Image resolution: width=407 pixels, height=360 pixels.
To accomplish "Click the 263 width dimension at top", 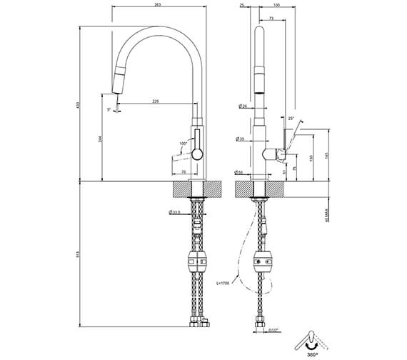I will [x=157, y=6].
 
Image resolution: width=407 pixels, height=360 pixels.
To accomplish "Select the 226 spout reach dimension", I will [x=156, y=101].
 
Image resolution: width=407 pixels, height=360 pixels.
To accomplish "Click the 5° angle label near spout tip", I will [x=109, y=109].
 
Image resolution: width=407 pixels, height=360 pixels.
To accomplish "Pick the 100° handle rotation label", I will [x=183, y=143].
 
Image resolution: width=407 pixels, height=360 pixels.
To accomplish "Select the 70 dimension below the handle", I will [x=184, y=172].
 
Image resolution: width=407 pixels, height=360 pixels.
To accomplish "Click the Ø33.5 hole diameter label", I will [x=175, y=211].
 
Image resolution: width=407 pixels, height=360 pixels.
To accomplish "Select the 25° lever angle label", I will [x=291, y=118].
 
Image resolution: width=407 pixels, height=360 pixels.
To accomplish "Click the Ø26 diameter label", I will [x=242, y=106].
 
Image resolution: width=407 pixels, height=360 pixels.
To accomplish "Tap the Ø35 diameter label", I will [x=241, y=139].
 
